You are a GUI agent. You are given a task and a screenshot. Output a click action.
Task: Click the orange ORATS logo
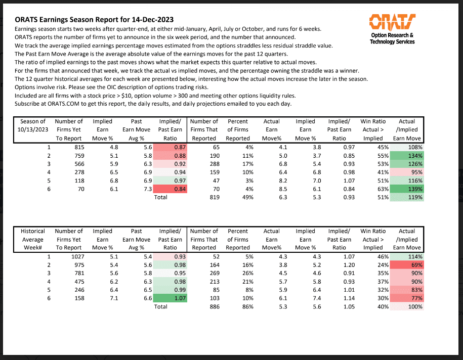click(x=392, y=22)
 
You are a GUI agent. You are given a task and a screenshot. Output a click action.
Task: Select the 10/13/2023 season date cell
click(x=33, y=129)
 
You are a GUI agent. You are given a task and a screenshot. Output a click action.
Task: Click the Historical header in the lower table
click(x=33, y=231)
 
